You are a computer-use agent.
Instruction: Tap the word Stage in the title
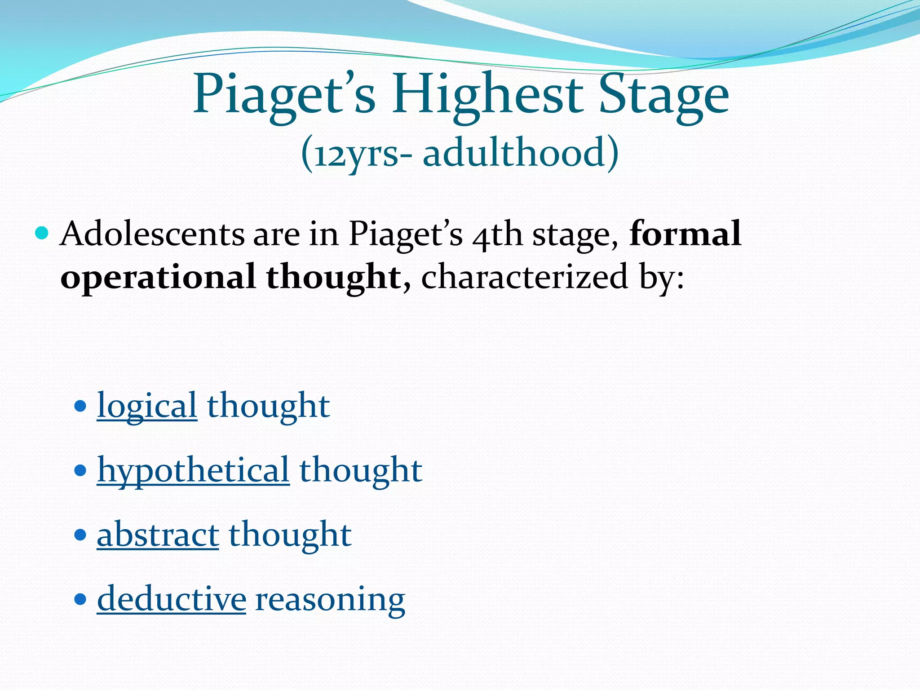pyautogui.click(x=664, y=95)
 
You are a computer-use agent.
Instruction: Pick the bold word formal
pyautogui.click(x=686, y=234)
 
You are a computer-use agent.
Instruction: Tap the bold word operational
pyautogui.click(x=158, y=277)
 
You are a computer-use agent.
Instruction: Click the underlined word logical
pyautogui.click(x=147, y=406)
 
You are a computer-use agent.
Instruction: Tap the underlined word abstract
pyautogui.click(x=158, y=535)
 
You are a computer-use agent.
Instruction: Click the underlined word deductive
pyautogui.click(x=171, y=599)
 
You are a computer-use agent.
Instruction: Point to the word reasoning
pyautogui.click(x=330, y=600)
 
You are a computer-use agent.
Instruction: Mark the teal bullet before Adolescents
pyautogui.click(x=42, y=234)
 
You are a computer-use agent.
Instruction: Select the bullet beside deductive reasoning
pyautogui.click(x=80, y=599)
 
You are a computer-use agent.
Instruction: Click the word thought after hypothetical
pyautogui.click(x=361, y=470)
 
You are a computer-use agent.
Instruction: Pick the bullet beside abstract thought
pyautogui.click(x=80, y=535)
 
